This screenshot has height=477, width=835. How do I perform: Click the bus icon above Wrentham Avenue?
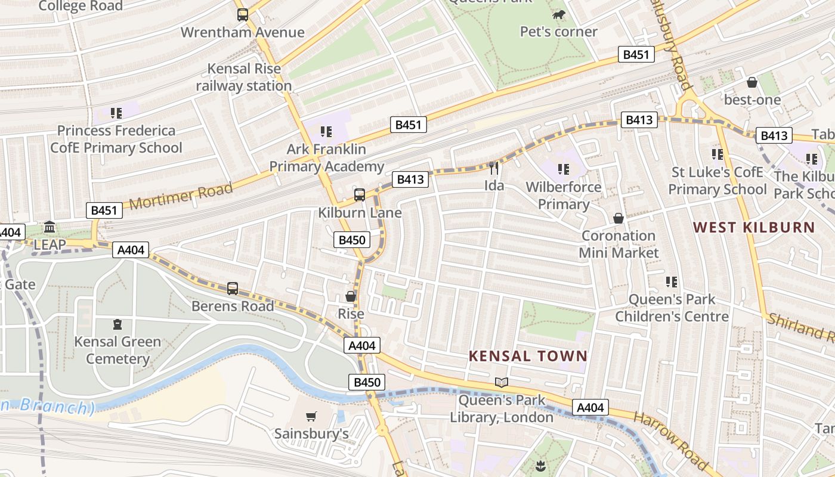coord(242,15)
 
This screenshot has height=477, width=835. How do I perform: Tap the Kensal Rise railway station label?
coord(244,78)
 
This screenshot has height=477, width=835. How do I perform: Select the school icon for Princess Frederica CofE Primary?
coord(116,113)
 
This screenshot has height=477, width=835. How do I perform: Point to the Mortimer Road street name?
coord(181,196)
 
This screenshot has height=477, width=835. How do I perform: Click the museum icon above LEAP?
coord(50,227)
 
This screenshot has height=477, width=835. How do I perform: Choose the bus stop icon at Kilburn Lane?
coord(360,194)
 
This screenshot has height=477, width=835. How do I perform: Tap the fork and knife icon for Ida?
coord(493,168)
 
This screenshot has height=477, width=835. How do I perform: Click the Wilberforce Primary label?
coord(564,196)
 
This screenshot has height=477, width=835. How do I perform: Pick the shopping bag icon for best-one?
coord(752,82)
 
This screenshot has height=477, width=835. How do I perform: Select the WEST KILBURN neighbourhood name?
coord(754,227)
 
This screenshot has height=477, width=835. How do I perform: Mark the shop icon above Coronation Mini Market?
coord(618,218)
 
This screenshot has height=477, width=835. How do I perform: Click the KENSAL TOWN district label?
coord(528,356)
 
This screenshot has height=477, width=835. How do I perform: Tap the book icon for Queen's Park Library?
coord(502,382)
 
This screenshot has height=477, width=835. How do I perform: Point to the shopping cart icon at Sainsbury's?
coord(311,416)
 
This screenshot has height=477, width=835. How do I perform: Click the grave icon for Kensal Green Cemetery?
coord(117,324)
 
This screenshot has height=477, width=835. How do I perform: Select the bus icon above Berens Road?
coord(233,289)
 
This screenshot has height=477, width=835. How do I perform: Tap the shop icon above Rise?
coord(351,296)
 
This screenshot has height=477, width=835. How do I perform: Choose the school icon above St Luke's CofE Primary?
coord(718,154)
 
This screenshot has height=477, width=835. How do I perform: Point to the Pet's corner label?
coord(559,32)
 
